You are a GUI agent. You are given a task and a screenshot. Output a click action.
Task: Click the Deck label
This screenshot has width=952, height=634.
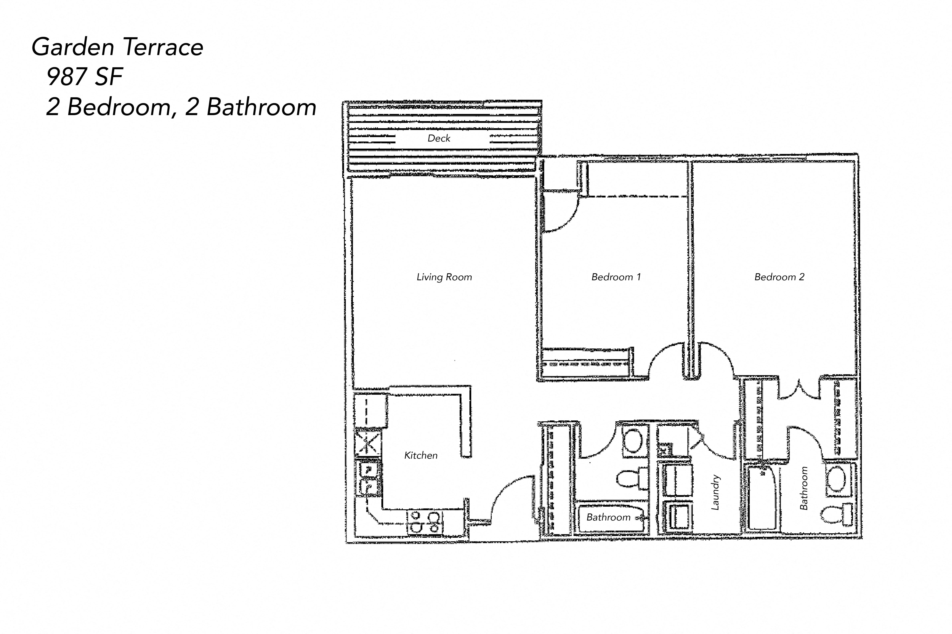click(439, 138)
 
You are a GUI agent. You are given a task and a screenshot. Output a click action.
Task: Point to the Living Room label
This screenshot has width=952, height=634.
click(444, 277)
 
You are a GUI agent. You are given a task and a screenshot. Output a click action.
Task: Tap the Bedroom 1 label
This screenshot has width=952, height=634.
click(616, 277)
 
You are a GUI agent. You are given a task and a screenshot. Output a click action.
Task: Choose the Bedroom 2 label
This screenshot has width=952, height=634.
click(779, 277)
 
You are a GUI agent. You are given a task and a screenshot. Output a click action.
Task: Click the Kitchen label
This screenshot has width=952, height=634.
click(420, 455)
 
